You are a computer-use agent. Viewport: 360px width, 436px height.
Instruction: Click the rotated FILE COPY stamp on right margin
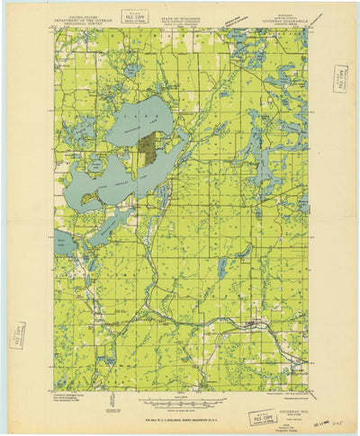click(x=339, y=79)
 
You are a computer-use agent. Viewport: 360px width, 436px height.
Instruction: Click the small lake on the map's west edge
click(x=62, y=241)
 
